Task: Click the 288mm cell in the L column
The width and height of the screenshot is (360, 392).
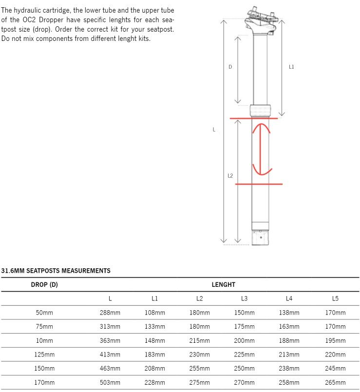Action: (110, 313)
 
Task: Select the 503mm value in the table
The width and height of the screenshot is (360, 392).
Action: (110, 383)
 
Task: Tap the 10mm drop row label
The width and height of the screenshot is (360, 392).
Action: (44, 341)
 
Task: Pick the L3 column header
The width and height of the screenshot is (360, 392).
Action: (244, 299)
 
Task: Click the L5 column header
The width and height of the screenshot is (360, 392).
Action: (335, 299)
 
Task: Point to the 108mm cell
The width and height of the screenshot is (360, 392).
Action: (155, 313)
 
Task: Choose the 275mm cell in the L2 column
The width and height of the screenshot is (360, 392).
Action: (200, 383)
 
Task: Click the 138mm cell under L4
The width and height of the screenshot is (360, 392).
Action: (289, 313)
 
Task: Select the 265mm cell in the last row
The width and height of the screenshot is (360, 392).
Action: (335, 383)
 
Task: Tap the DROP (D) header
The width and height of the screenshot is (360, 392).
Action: (44, 284)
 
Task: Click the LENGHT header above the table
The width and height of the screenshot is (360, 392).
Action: (223, 284)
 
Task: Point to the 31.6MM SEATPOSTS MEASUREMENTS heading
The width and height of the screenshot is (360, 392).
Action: (56, 271)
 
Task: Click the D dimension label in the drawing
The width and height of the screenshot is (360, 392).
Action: (230, 67)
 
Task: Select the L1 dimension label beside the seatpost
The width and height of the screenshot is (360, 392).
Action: (291, 67)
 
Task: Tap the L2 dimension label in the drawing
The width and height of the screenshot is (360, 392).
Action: (230, 176)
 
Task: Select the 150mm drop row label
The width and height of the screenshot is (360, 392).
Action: (44, 369)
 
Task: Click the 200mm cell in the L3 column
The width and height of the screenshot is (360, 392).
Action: (244, 341)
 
